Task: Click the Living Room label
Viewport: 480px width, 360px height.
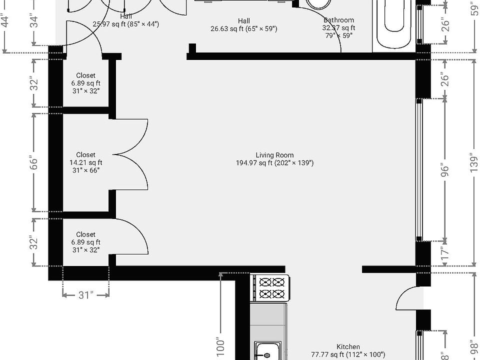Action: (274, 155)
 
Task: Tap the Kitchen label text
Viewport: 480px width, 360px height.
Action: (348, 347)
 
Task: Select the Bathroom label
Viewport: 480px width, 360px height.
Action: (338, 20)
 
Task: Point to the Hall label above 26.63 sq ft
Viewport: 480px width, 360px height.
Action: (244, 21)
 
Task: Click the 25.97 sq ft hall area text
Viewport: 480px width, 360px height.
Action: (125, 24)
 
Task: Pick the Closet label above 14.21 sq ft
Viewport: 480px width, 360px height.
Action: (85, 155)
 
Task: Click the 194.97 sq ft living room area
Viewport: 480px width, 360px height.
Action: (274, 163)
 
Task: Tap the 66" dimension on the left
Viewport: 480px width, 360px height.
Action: (33, 163)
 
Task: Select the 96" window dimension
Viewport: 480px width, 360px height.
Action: (444, 170)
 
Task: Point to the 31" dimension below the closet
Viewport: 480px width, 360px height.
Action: (85, 295)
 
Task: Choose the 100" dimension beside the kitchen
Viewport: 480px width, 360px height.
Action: (221, 345)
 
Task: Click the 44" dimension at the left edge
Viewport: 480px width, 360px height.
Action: (5, 22)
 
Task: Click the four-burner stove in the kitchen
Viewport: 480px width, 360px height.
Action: (270, 288)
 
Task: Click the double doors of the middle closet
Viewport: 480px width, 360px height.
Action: (131, 155)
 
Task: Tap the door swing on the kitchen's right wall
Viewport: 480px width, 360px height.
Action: (407, 298)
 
